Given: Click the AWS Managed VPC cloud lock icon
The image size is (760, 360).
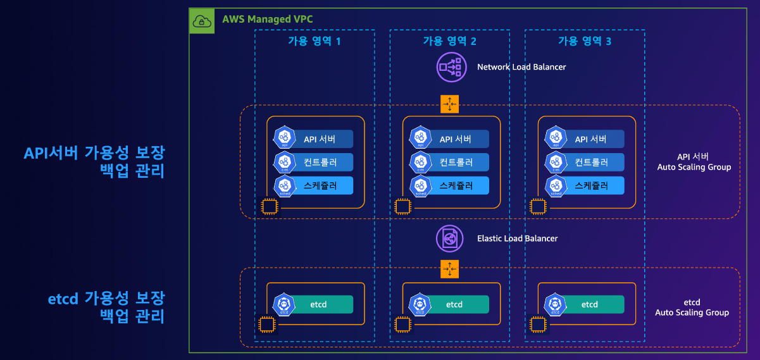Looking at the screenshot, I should click(202, 21).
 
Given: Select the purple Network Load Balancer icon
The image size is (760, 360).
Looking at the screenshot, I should click(451, 67).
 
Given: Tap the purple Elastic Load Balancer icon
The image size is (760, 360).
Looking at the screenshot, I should click(450, 239).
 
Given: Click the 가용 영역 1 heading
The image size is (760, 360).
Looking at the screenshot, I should click(315, 42).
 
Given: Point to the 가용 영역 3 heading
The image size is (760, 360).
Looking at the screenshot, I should click(585, 42).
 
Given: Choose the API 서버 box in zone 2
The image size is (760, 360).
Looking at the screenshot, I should click(455, 139).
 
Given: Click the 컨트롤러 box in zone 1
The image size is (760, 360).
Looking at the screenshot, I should click(320, 163).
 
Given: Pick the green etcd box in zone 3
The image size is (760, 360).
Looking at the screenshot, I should click(589, 304).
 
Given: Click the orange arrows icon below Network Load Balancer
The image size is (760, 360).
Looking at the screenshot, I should click(449, 104).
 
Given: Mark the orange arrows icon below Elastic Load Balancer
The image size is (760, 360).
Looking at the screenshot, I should click(449, 270).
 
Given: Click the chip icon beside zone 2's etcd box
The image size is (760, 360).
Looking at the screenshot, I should click(402, 325).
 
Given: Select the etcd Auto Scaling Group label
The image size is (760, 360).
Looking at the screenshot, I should click(692, 307).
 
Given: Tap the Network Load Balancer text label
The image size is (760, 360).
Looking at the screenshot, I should click(521, 67).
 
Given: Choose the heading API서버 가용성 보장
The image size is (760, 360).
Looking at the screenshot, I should click(94, 152).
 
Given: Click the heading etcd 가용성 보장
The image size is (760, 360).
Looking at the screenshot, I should click(106, 298).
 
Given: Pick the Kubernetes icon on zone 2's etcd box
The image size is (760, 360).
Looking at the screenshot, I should click(420, 304).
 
